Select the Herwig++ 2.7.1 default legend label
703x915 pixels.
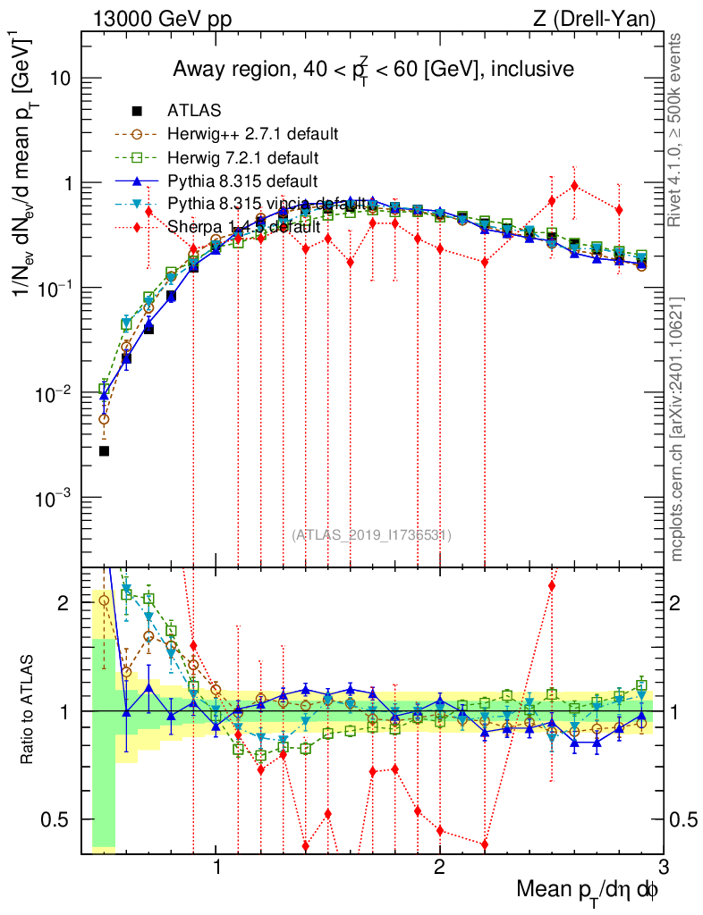(253, 134)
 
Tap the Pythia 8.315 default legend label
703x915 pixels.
(242, 180)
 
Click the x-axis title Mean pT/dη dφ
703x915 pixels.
(589, 890)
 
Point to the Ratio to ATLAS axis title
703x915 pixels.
(28, 710)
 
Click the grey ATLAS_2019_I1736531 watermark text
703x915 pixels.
(371, 535)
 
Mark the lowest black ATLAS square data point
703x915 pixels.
(104, 451)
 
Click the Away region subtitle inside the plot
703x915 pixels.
(372, 68)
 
